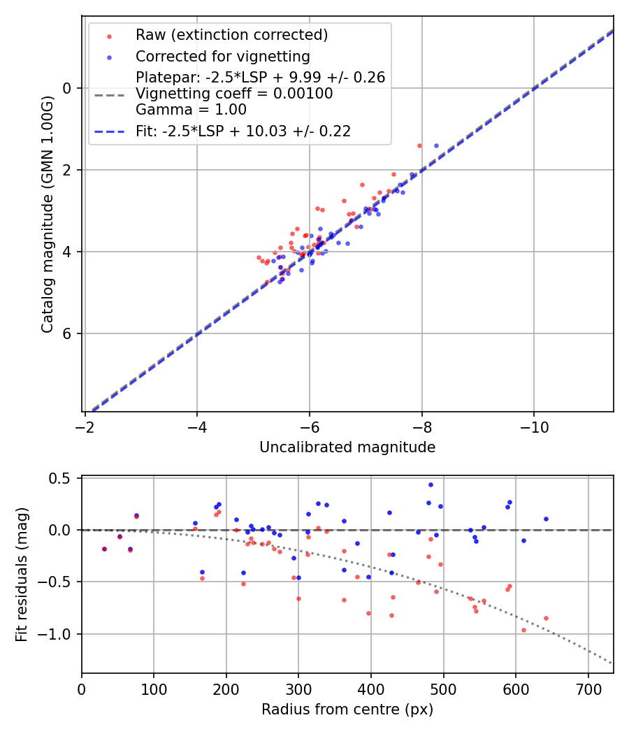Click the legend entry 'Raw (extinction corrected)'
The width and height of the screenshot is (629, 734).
pos(231,35)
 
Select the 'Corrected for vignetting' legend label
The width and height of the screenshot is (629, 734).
pos(222,56)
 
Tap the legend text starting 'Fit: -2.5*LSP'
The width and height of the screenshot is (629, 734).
pos(243,131)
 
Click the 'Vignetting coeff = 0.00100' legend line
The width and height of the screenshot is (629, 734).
pos(234,93)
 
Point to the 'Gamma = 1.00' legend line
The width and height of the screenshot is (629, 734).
pos(191,109)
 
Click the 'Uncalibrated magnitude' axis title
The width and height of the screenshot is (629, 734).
pos(347,447)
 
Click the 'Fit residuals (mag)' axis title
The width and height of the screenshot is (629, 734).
pos(22,575)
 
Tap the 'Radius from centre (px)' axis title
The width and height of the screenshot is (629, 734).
pos(347,710)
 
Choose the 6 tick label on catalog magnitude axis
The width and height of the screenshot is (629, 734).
pos(68,333)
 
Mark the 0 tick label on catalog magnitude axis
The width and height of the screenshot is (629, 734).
pos(68,88)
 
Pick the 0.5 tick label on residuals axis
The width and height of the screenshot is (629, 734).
pos(64,478)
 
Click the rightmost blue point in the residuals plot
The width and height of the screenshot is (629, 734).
pos(546,519)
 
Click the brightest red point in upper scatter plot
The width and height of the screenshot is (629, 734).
pos(419,145)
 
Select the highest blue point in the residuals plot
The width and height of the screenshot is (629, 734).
pos(431,484)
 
